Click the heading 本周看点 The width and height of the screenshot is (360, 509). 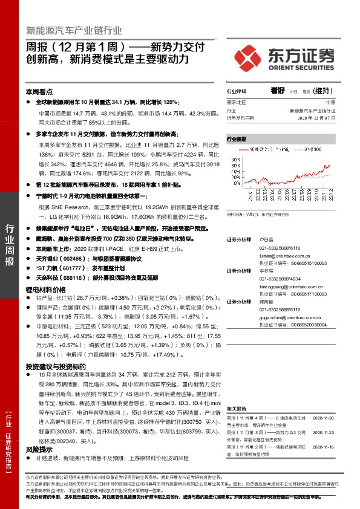click(x=38, y=92)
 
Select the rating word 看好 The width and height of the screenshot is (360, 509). click(x=278, y=91)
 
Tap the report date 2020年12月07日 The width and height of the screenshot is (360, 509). click(x=318, y=118)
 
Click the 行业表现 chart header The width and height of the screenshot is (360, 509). click(x=237, y=138)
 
